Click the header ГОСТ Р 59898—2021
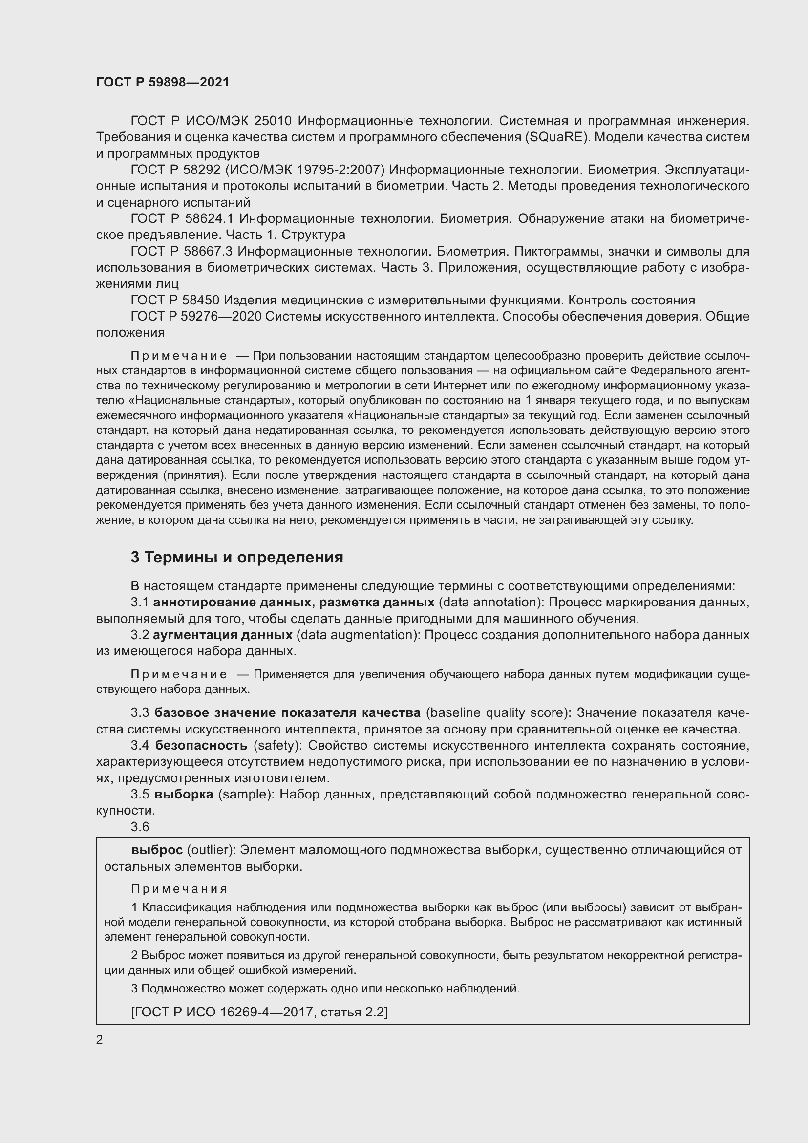coord(163,82)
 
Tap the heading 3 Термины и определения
coord(237,557)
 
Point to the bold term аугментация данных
coord(222,635)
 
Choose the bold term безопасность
coord(201,745)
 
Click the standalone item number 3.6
coord(140,827)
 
